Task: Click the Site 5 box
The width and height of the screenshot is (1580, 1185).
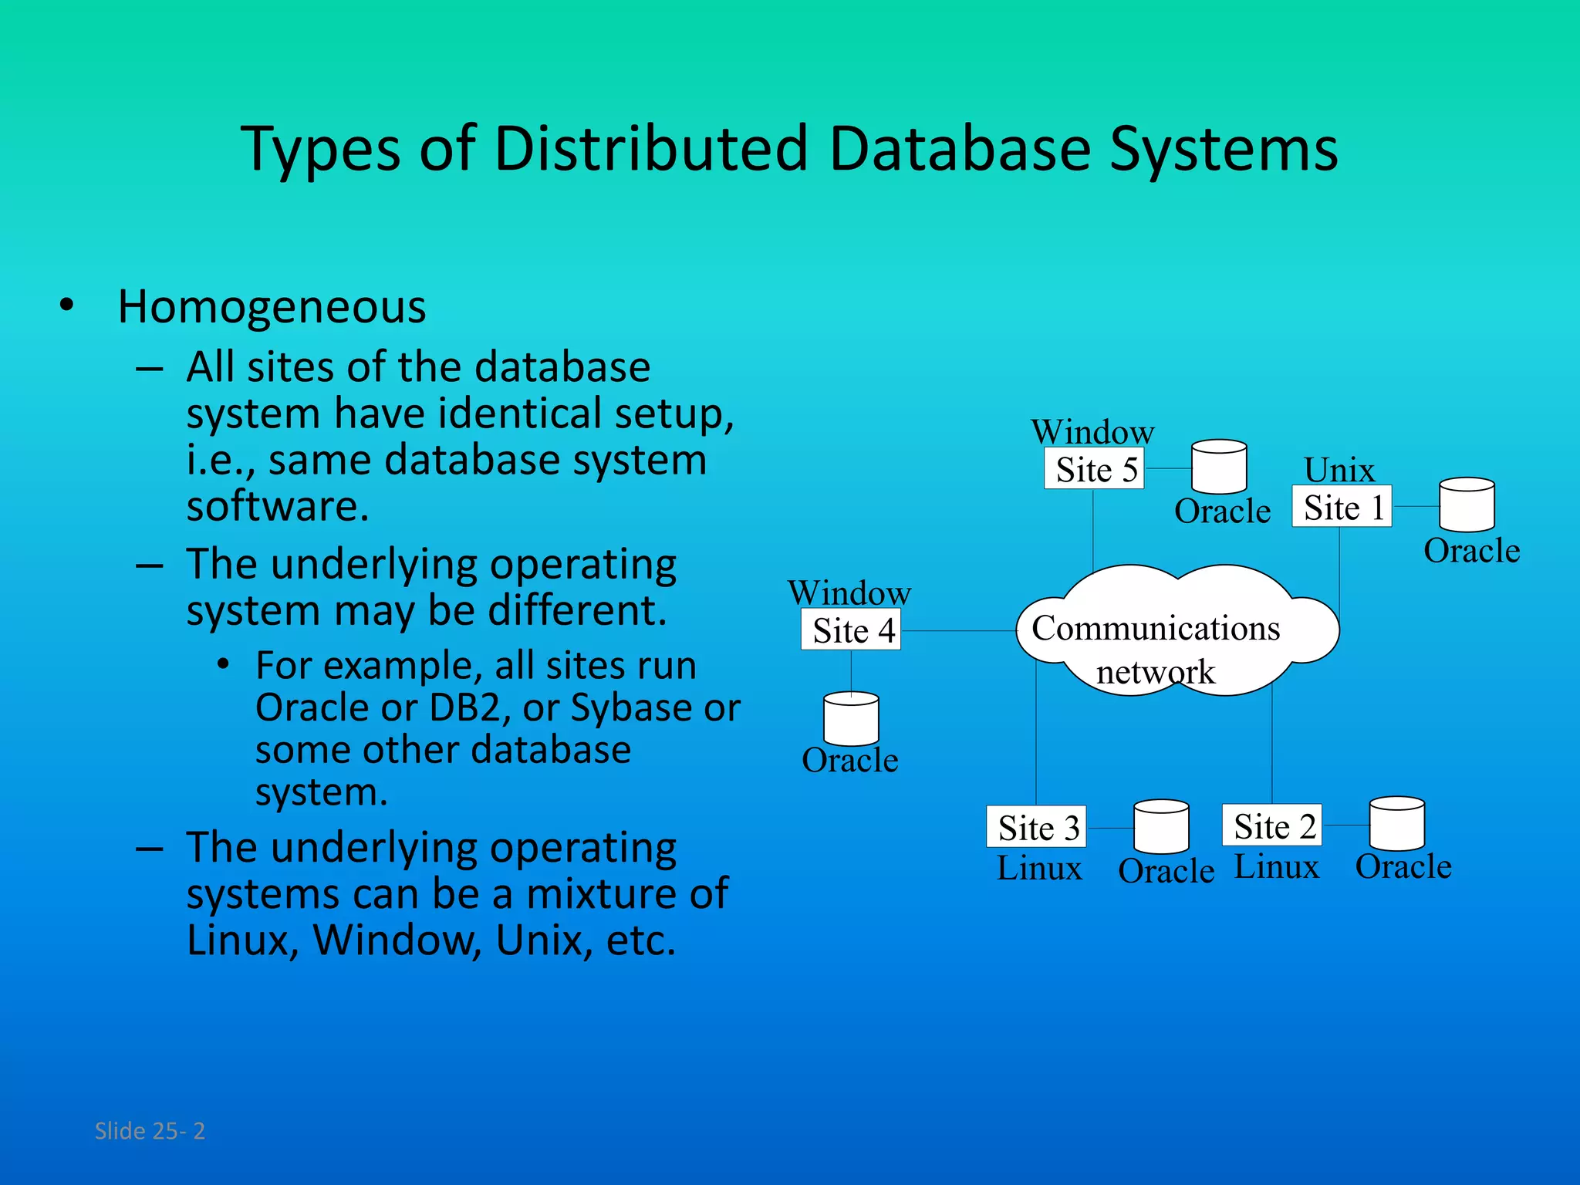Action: (x=1093, y=469)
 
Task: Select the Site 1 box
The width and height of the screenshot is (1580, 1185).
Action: (x=1342, y=507)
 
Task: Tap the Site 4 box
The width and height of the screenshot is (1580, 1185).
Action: (x=851, y=630)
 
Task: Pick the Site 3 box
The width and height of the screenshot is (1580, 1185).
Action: (x=1036, y=827)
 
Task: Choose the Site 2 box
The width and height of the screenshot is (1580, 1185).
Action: (x=1271, y=825)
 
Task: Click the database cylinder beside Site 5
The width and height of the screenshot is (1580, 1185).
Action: (x=1219, y=468)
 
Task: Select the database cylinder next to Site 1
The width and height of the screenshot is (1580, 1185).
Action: (x=1467, y=505)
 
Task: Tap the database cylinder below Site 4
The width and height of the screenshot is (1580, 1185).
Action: (x=851, y=719)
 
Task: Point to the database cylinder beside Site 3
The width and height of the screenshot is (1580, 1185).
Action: (x=1161, y=827)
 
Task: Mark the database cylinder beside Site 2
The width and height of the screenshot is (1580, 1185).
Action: (x=1396, y=824)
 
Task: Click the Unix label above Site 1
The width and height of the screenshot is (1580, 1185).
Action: (x=1339, y=469)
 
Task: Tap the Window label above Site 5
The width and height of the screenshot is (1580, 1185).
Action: (x=1092, y=432)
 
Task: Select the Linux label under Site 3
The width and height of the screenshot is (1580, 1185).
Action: (x=1039, y=869)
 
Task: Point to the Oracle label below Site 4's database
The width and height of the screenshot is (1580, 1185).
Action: (x=850, y=761)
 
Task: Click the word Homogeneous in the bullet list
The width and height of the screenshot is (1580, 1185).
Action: (x=272, y=307)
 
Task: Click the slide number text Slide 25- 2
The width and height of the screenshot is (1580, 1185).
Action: (x=150, y=1130)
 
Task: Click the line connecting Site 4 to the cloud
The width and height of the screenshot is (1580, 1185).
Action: (x=958, y=630)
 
